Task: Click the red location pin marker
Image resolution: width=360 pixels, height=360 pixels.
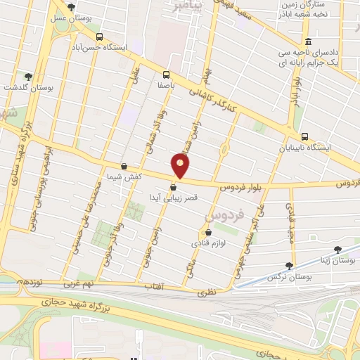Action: click(181, 166)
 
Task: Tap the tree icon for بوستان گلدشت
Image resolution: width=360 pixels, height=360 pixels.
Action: click(28, 77)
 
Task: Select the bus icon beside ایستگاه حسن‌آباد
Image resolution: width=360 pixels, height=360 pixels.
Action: click(99, 37)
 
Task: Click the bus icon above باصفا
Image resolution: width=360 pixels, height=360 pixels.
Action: click(166, 75)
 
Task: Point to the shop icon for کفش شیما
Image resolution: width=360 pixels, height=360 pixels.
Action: click(124, 167)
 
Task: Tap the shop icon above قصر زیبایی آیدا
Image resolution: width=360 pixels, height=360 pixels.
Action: click(173, 187)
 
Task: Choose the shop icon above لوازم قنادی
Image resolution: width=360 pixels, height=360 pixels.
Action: click(207, 232)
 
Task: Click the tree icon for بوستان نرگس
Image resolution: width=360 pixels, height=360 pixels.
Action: click(289, 265)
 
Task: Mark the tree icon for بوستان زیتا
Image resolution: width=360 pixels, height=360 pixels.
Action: click(338, 249)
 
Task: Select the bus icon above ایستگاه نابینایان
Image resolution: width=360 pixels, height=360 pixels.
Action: click(304, 137)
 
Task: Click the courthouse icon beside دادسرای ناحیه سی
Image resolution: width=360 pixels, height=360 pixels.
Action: click(309, 41)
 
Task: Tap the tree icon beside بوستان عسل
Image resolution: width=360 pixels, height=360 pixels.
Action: click(70, 7)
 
